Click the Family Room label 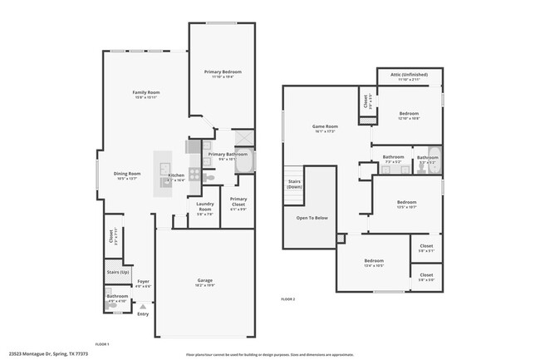[x=146, y=91]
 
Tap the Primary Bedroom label [x=223, y=72]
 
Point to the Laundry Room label [x=204, y=208]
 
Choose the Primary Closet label [x=238, y=200]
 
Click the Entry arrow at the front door [x=143, y=307]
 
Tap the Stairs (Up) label [x=119, y=272]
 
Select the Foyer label [x=143, y=281]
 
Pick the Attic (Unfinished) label [x=413, y=75]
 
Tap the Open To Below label [x=312, y=218]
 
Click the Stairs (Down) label [x=294, y=183]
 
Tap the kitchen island [x=160, y=175]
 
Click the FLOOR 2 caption [x=288, y=298]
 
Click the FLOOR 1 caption [x=102, y=343]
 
